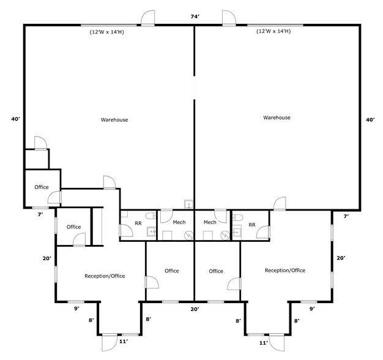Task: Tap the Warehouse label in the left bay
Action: (x=114, y=119)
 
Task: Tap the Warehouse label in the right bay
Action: (x=277, y=117)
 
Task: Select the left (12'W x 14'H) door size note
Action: (x=107, y=32)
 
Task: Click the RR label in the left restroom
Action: (x=138, y=223)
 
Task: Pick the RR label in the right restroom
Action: (x=251, y=225)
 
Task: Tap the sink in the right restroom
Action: (x=236, y=233)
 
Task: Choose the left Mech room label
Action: (x=179, y=222)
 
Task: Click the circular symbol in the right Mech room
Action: (x=224, y=234)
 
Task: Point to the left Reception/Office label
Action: (x=105, y=276)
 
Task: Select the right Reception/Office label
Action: (x=284, y=270)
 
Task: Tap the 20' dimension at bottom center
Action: (x=195, y=309)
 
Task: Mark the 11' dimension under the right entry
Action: (x=264, y=343)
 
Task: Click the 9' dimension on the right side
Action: (x=311, y=309)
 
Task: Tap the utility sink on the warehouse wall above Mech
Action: (x=189, y=204)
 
